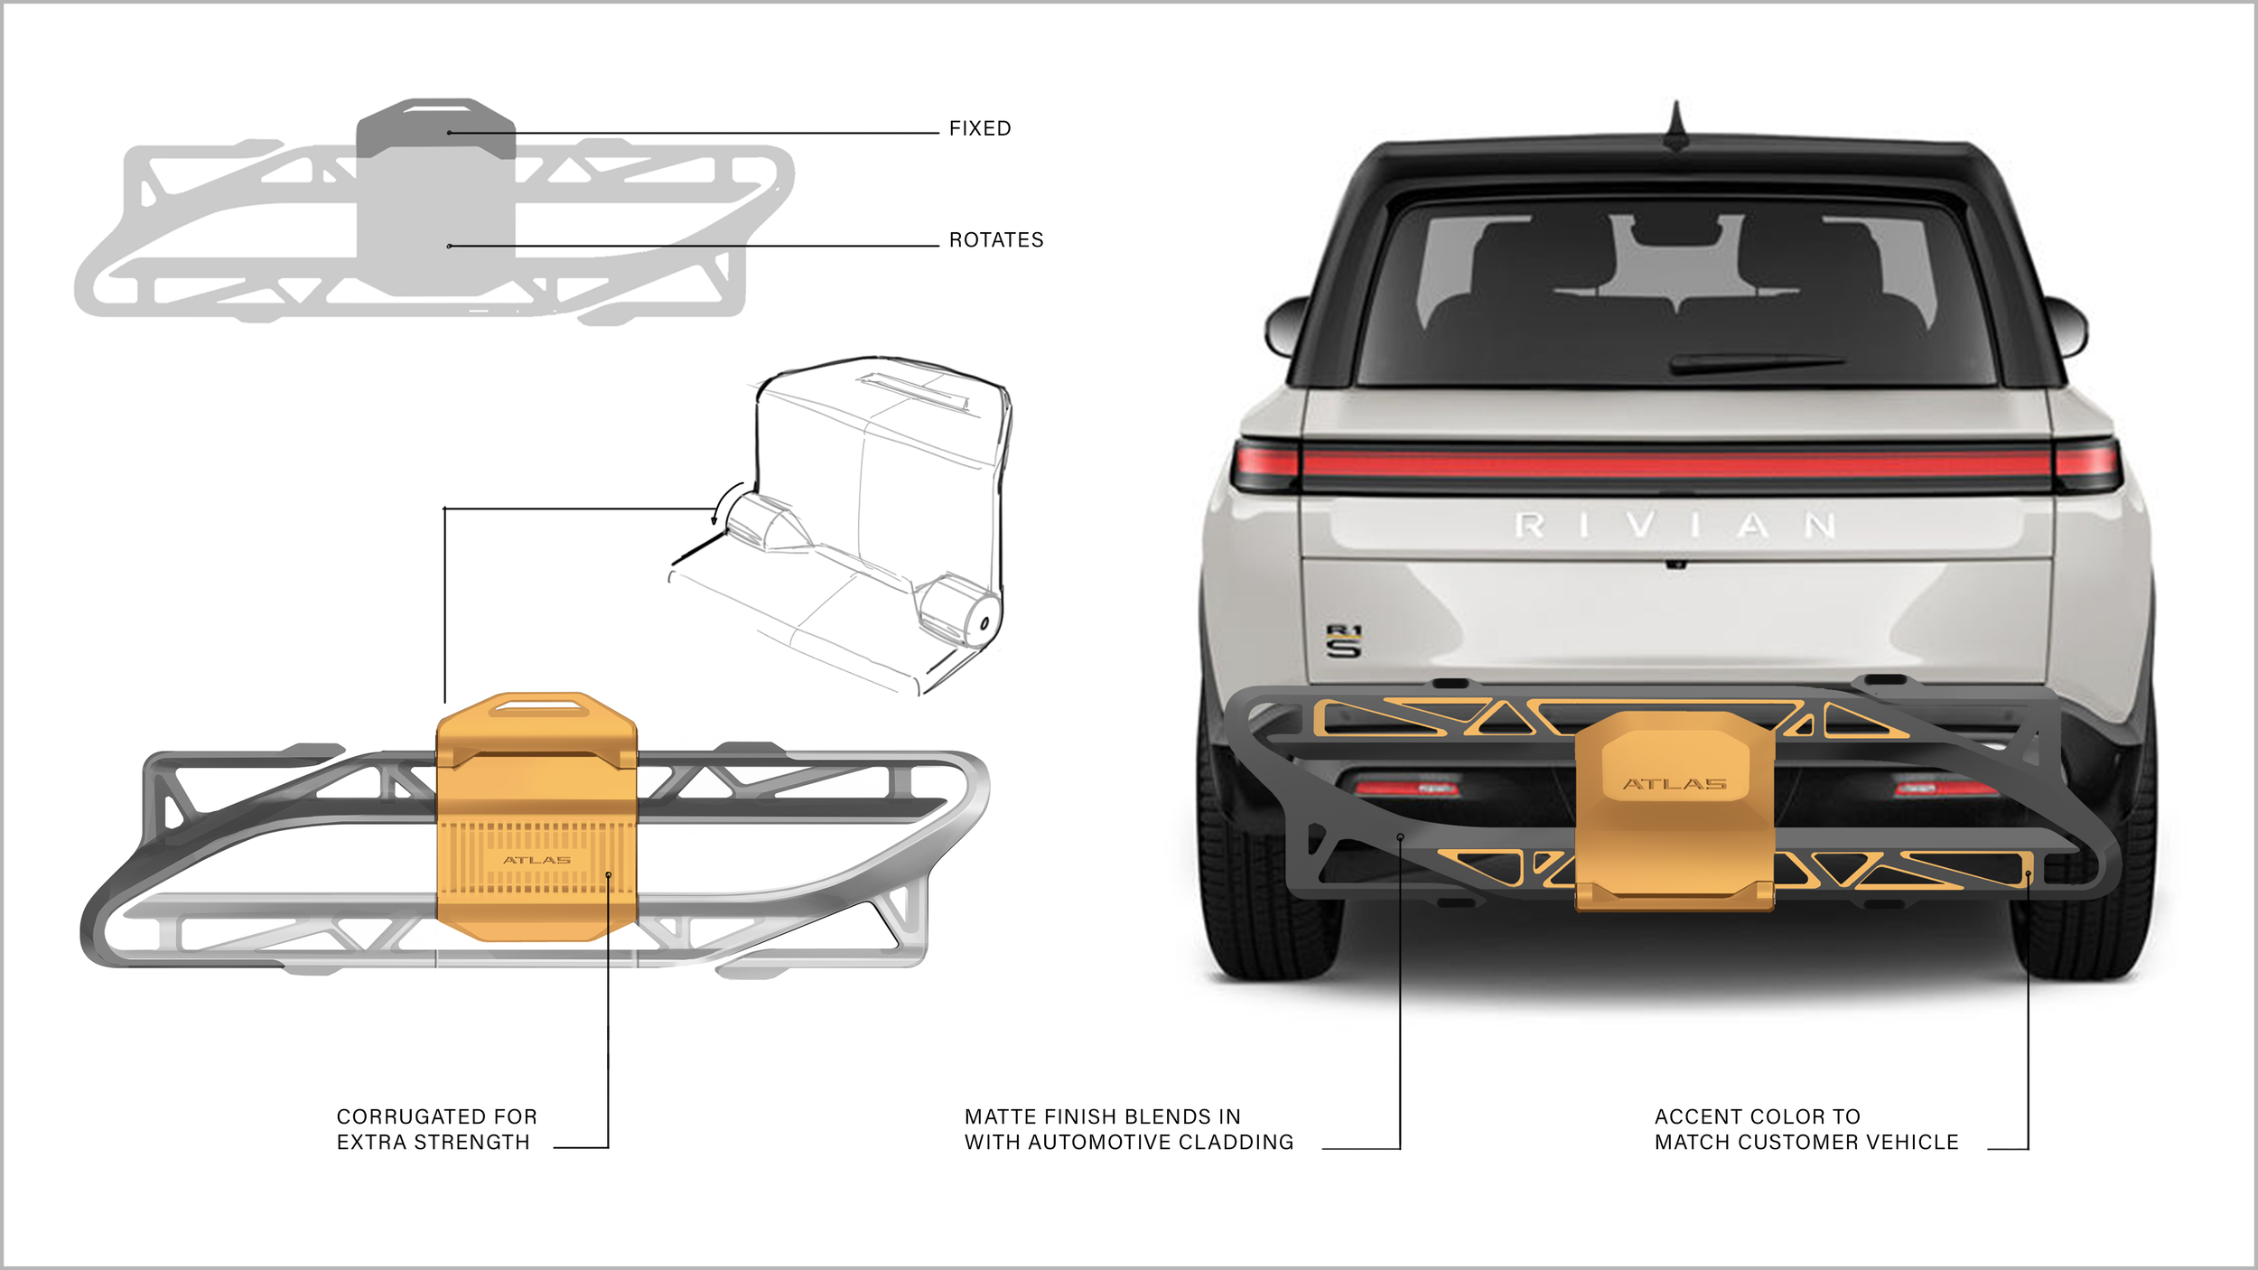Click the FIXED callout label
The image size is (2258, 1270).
click(x=979, y=128)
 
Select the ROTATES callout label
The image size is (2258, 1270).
click(x=995, y=240)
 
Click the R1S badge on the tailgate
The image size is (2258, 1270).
click(x=1343, y=640)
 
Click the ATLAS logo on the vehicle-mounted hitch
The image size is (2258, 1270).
click(x=1675, y=784)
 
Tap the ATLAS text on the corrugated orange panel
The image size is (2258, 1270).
click(x=537, y=860)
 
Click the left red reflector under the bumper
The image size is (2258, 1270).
click(x=1407, y=789)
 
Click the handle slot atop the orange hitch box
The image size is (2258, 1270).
click(x=537, y=704)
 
